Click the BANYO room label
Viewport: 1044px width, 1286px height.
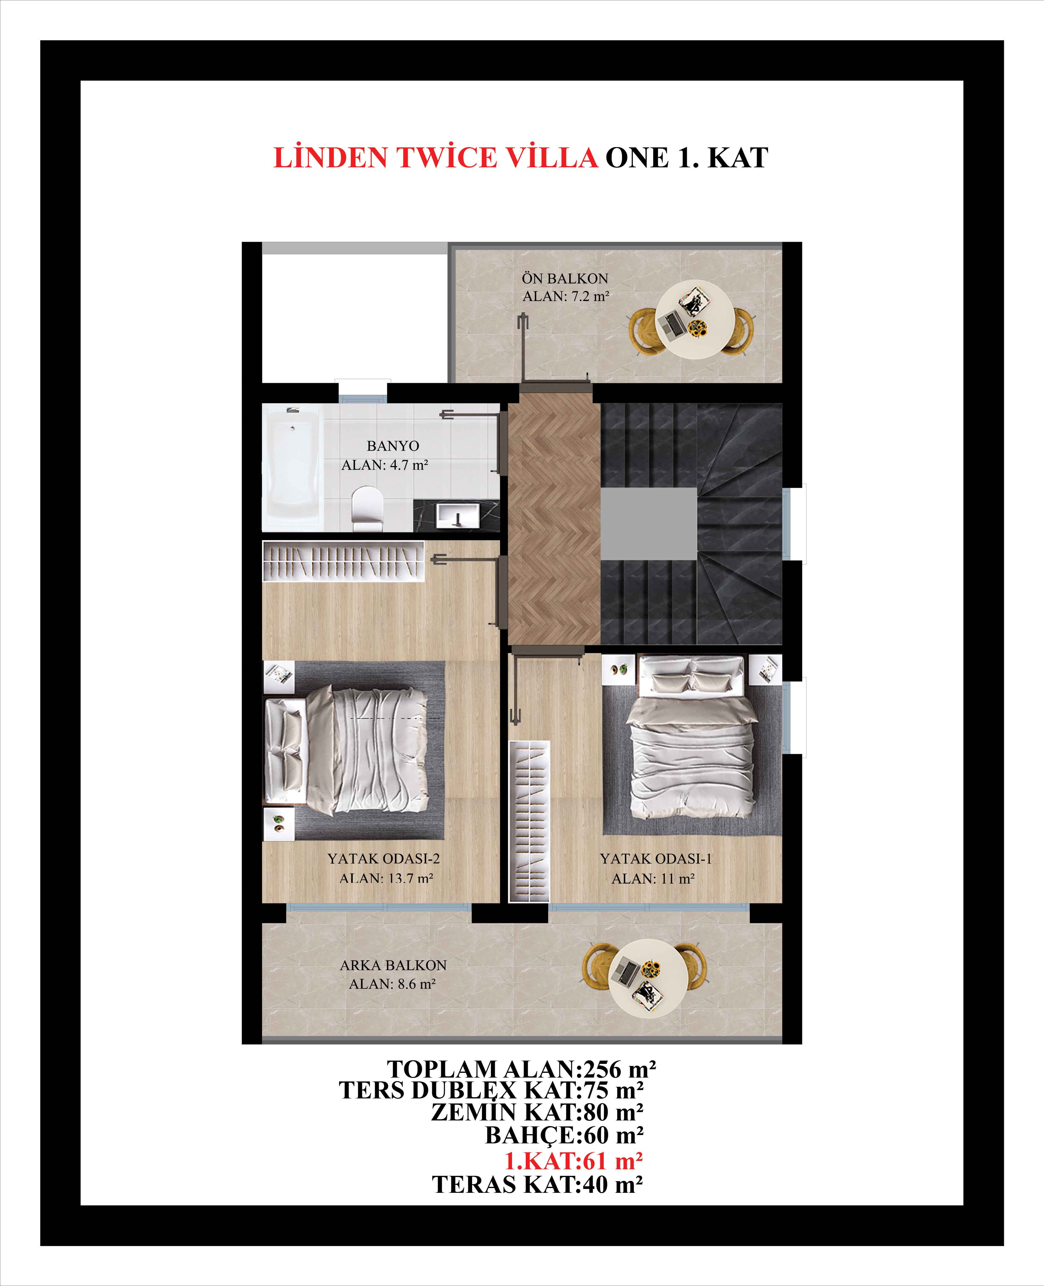[x=393, y=446]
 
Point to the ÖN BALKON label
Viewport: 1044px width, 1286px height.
[x=565, y=278]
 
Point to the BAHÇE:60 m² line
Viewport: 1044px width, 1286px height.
[x=564, y=1136]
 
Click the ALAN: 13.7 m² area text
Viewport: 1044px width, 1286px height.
[x=386, y=878]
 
